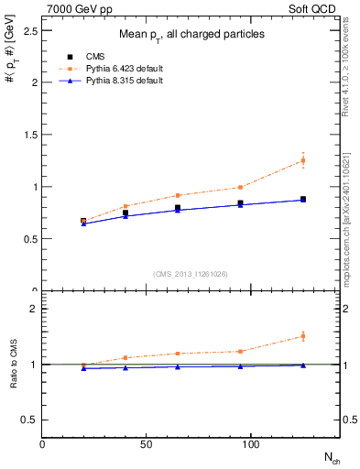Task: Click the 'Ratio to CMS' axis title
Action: point(14,364)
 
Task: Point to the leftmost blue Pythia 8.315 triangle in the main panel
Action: point(83,224)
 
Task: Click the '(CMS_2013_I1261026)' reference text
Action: point(191,274)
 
